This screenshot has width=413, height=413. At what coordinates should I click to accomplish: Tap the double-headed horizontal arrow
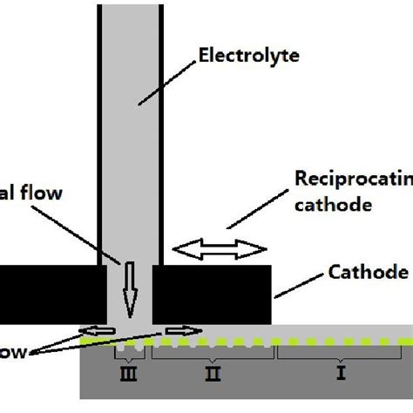pyautogui.click(x=220, y=250)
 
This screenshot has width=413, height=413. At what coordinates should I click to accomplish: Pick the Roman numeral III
pyautogui.click(x=132, y=375)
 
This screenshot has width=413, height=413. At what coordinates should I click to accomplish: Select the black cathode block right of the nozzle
pyautogui.click(x=212, y=292)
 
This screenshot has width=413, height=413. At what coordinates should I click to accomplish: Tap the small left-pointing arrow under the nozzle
pyautogui.click(x=93, y=330)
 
